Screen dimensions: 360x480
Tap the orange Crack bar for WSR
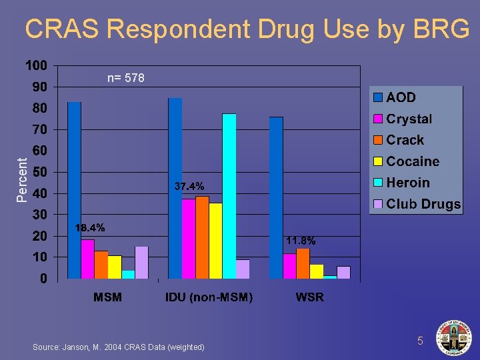303,263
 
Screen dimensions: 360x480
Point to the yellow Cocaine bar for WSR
317,271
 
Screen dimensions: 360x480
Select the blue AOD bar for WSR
276,197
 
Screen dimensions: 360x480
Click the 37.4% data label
189,186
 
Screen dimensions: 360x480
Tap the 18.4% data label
90,228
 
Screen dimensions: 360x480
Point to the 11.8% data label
301,240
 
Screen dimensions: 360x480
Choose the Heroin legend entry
407,183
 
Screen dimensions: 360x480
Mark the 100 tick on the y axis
36,65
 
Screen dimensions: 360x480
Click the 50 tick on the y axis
39,172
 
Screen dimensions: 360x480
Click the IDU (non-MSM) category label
209,297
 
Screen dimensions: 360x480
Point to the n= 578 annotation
126,79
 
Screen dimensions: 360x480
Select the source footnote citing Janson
118,347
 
